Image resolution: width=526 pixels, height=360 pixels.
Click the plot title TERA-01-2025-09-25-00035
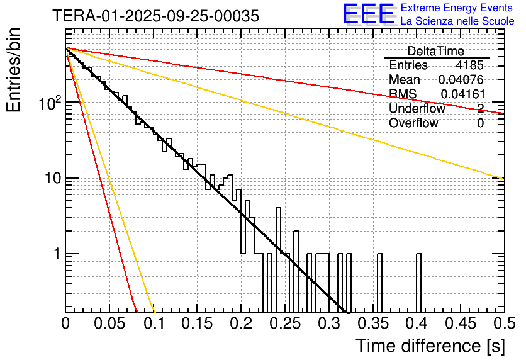coord(155,16)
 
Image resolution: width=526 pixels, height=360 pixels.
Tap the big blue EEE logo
coord(369,15)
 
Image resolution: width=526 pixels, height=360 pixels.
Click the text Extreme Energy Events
coord(457,8)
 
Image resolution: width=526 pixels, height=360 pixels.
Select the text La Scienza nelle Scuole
coord(457,21)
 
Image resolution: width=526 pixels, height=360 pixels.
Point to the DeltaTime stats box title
coord(436,51)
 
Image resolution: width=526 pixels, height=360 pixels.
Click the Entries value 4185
coord(470,65)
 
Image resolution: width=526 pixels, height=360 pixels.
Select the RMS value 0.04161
coord(462,94)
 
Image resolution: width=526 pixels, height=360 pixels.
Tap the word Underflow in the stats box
coord(417,109)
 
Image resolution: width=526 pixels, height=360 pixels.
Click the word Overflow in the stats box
coord(413,123)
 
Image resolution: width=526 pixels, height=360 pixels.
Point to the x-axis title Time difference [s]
coord(430,346)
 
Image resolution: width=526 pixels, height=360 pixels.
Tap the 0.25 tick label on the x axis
coord(284,324)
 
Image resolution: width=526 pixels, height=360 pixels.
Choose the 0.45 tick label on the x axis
coord(460,324)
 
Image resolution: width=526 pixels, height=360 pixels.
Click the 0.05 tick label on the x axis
coord(109,324)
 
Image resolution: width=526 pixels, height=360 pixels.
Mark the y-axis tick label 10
coord(52,179)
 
